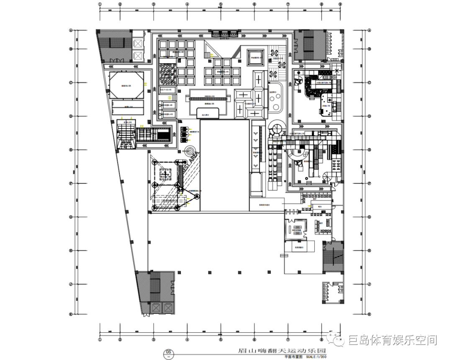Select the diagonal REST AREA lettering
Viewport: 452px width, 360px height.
(x=193, y=161)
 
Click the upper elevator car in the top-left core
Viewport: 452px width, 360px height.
(x=138, y=44)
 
